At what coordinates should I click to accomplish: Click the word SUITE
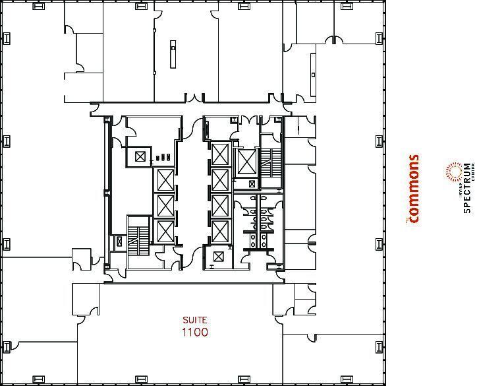click(194, 320)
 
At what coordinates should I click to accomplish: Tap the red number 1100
click(194, 332)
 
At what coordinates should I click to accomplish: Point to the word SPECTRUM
click(466, 188)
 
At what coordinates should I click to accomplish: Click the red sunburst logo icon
click(453, 173)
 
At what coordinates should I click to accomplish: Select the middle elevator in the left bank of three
click(164, 206)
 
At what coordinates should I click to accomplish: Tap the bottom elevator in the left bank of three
click(164, 232)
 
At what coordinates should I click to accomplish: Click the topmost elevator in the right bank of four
click(219, 154)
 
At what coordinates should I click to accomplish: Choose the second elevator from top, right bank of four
click(219, 179)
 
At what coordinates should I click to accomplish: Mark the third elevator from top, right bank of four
click(219, 205)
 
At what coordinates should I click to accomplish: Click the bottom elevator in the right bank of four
click(219, 231)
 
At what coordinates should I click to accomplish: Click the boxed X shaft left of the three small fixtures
click(140, 156)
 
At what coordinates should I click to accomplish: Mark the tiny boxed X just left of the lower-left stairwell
click(119, 242)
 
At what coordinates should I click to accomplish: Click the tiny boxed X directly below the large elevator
click(251, 183)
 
